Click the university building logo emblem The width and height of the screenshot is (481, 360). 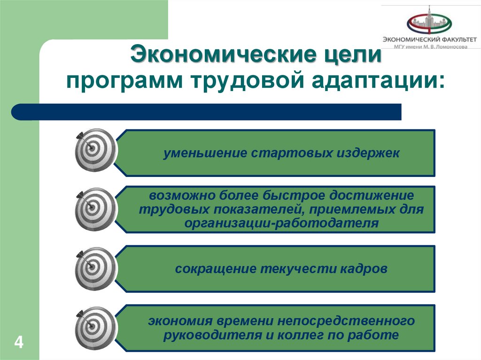click(x=429, y=23)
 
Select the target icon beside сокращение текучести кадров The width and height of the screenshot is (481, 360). click(x=95, y=268)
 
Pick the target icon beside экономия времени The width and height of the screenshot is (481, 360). click(x=95, y=328)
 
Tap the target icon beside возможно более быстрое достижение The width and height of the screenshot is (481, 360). click(x=95, y=209)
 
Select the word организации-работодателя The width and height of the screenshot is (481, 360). click(x=281, y=223)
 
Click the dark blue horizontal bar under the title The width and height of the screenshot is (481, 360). click(x=207, y=112)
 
